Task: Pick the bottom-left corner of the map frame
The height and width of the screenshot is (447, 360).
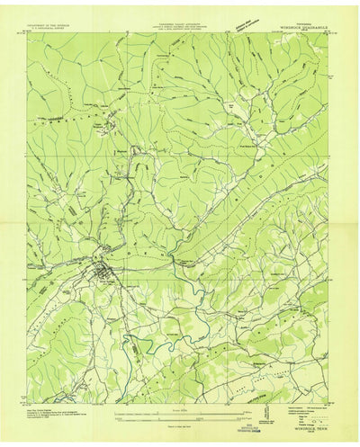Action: click(x=27, y=402)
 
